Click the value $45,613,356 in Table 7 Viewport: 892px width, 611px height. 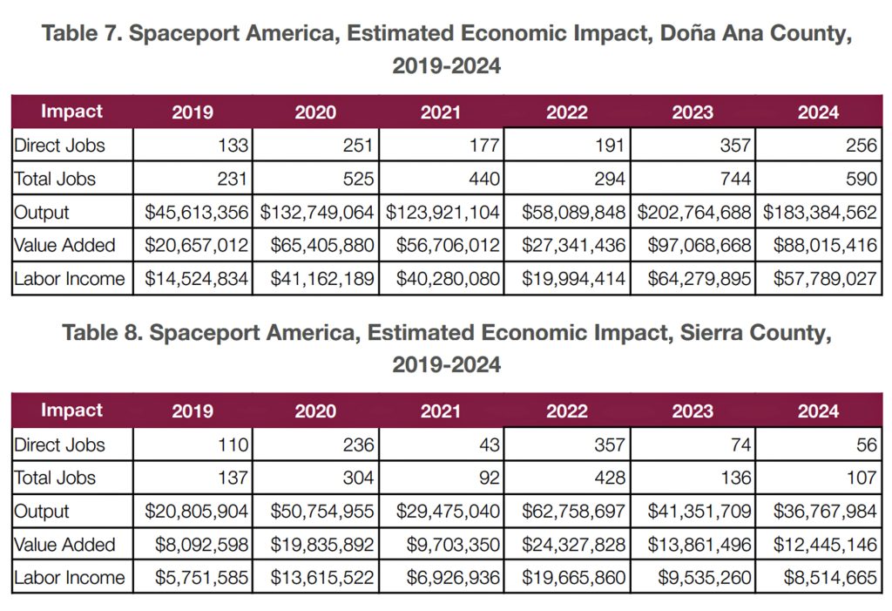(x=198, y=212)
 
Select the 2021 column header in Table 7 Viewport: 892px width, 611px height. (x=441, y=112)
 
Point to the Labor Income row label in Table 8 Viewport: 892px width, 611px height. (x=70, y=577)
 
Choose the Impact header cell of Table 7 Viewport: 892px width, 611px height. (x=71, y=112)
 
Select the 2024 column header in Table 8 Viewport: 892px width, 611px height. (x=817, y=411)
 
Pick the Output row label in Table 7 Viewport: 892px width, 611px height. (x=42, y=212)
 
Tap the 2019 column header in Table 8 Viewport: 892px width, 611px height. (x=193, y=411)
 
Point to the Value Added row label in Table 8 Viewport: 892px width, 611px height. (x=64, y=544)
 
